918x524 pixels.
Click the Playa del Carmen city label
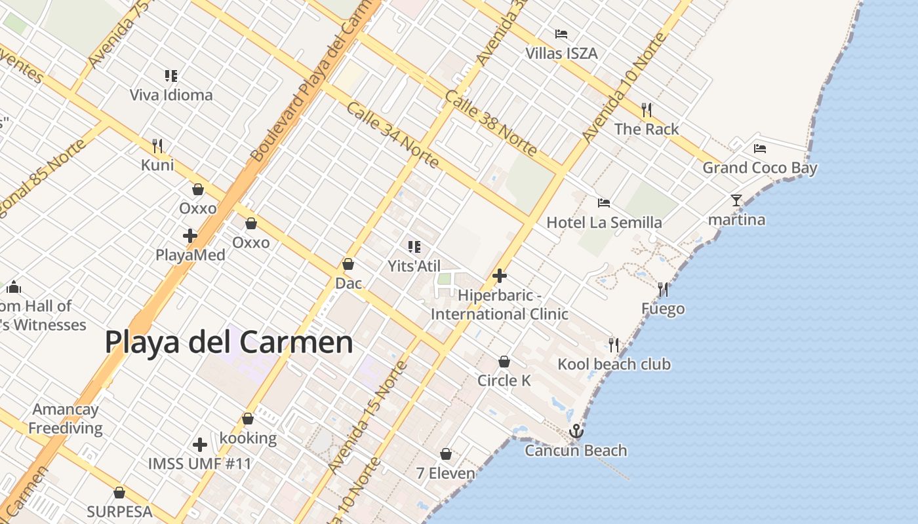point(229,342)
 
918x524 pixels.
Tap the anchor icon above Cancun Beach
point(576,430)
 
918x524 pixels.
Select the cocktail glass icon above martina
point(736,200)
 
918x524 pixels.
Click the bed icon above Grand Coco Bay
point(760,148)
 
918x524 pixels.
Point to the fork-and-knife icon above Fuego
point(663,289)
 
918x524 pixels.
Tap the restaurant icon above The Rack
point(647,109)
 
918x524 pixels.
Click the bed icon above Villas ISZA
point(561,33)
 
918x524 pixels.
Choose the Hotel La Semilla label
point(604,223)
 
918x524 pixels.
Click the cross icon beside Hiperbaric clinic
point(500,276)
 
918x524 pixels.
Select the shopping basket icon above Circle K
point(504,361)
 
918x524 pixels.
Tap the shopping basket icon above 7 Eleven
point(446,453)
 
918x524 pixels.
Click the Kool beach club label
point(614,364)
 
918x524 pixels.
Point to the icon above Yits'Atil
point(414,247)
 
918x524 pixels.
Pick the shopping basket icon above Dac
point(348,264)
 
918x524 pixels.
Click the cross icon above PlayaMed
point(190,236)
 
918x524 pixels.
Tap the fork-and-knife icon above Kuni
point(157,145)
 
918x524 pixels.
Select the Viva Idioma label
point(171,95)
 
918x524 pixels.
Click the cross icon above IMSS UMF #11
point(200,445)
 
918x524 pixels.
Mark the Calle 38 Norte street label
point(491,122)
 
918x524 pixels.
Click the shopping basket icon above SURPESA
point(119,492)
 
